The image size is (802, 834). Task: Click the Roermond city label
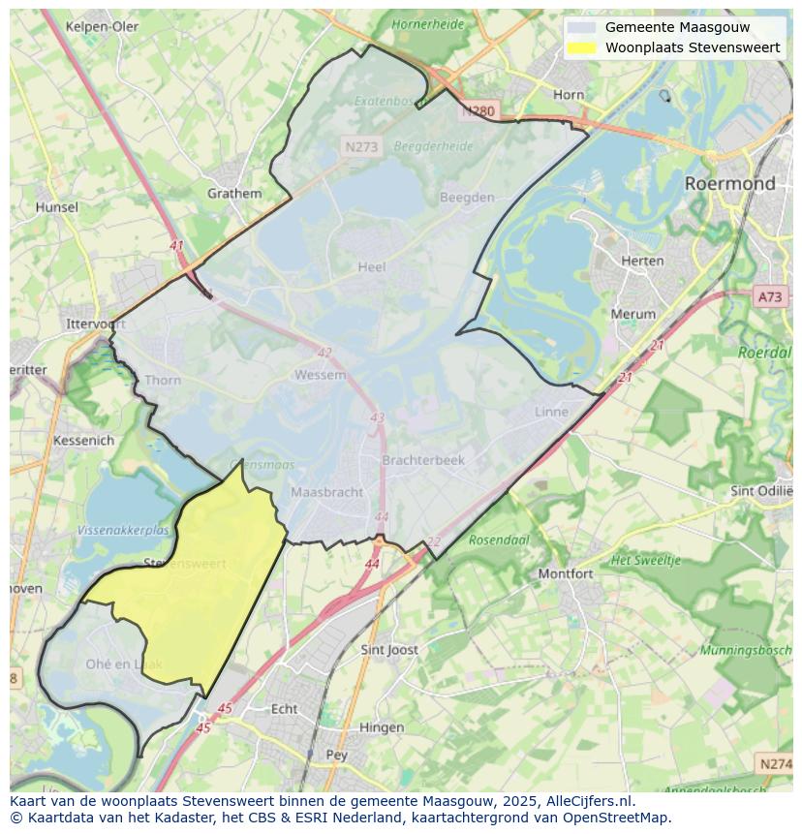[x=729, y=183]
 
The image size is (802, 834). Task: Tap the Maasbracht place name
[x=327, y=492]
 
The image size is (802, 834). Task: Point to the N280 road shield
[x=478, y=110]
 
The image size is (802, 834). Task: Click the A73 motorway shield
[x=770, y=297]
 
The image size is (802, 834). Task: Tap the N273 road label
[x=361, y=147]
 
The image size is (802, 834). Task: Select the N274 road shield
[x=776, y=764]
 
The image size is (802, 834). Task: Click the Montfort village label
[x=566, y=573]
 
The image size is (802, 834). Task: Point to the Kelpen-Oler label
[x=102, y=26]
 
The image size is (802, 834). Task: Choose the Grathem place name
[x=234, y=193]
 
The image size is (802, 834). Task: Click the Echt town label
[x=284, y=708]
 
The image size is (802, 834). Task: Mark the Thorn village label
[x=163, y=380]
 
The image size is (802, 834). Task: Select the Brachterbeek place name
[x=423, y=460]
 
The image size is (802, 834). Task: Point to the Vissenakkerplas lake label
[x=122, y=530]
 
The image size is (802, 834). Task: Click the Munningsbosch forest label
[x=746, y=650]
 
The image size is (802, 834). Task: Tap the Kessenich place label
[x=84, y=440]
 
